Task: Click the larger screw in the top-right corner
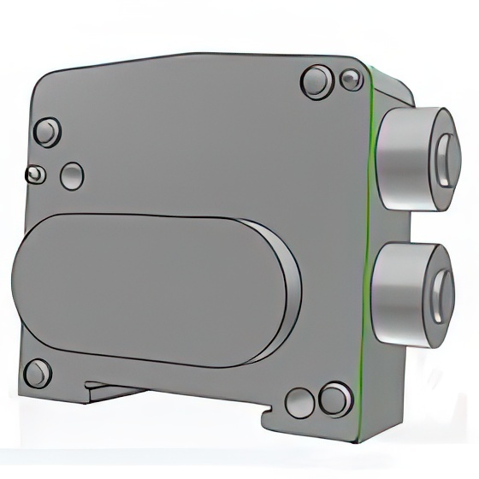pos(316,83)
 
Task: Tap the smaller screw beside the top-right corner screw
pos(351,80)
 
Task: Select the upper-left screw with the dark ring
pos(45,133)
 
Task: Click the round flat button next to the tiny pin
pos(72,175)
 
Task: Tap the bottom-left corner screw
pos(37,374)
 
